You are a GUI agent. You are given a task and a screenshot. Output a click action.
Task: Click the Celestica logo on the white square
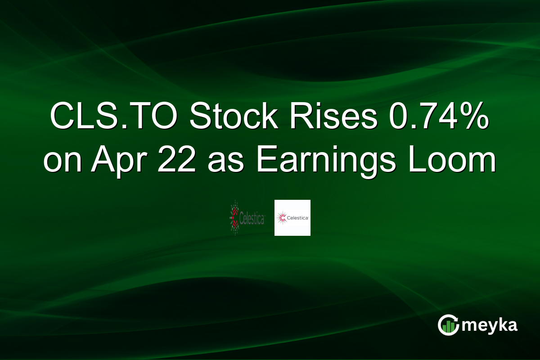tap(292, 218)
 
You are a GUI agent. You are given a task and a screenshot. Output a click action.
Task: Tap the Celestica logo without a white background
tap(247, 218)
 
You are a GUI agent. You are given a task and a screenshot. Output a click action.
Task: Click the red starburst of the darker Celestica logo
tap(235, 218)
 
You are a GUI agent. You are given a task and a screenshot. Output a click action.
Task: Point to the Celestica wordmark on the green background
tap(252, 219)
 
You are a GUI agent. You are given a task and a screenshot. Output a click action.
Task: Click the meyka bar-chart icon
tap(448, 325)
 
